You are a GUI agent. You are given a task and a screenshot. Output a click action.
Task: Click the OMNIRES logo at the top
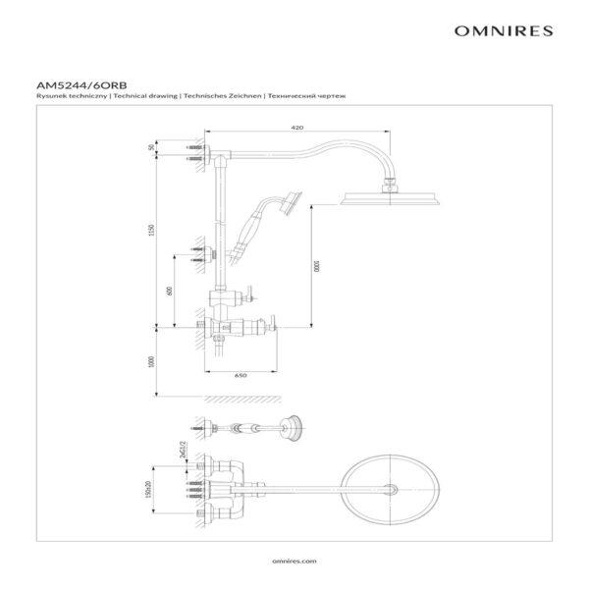[x=505, y=30]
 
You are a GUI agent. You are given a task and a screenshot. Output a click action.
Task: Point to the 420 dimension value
[x=296, y=129]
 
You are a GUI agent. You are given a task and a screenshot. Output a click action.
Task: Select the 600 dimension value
[x=169, y=290]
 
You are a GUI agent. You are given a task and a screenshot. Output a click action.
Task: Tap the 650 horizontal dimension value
[x=240, y=375]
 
